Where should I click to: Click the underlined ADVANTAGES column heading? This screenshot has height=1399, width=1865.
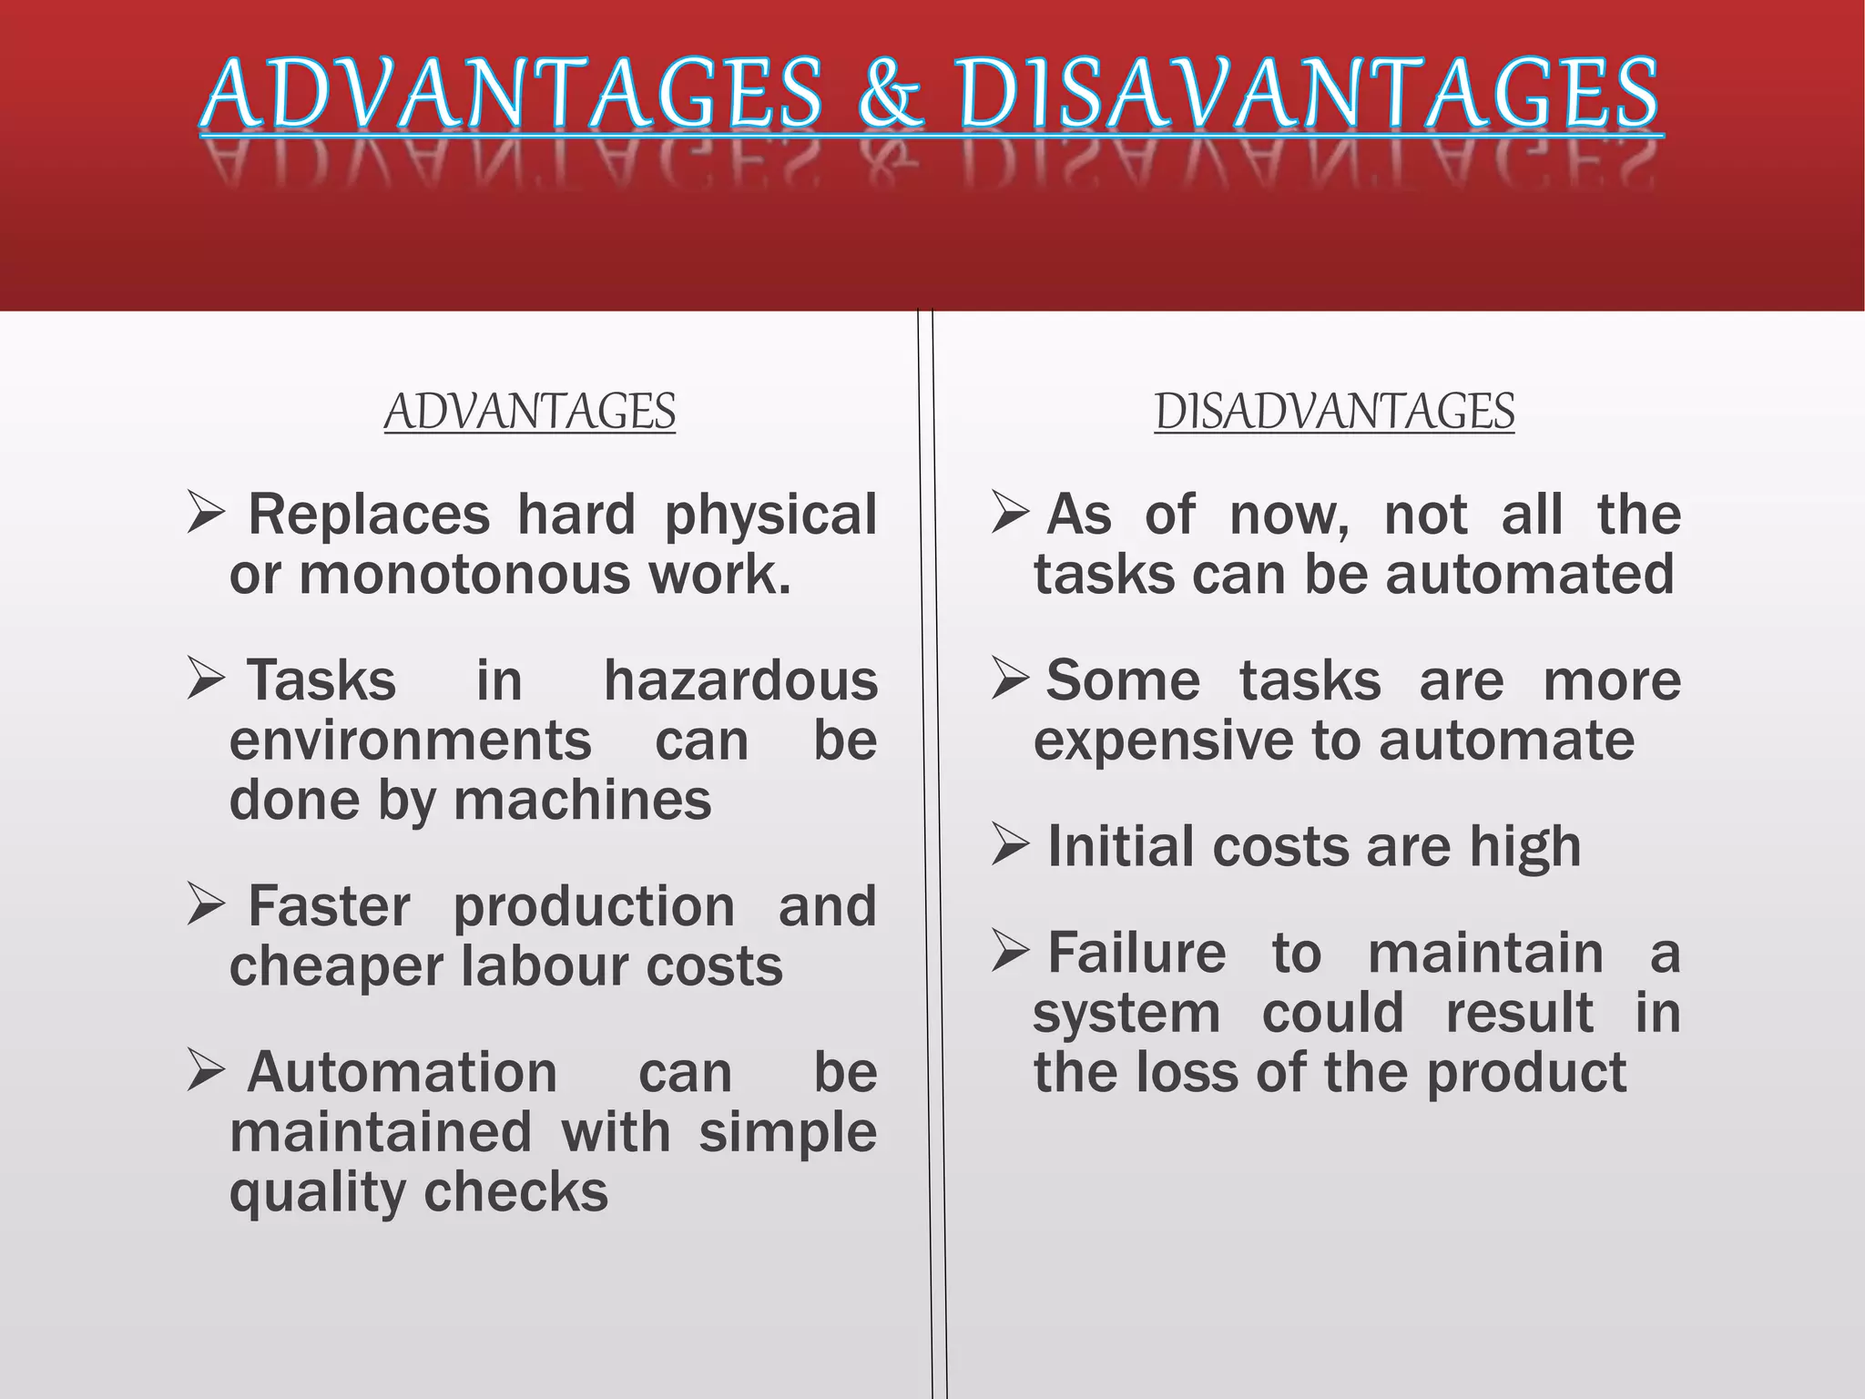click(529, 412)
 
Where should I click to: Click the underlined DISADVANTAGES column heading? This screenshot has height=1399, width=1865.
click(1334, 412)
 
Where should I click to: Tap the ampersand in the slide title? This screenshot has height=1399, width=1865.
click(891, 95)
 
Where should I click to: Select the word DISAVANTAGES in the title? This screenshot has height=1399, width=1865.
click(1308, 95)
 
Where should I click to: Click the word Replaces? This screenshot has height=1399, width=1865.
click(369, 515)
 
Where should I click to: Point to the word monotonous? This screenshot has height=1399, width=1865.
click(464, 576)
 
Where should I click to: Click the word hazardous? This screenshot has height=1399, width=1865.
click(740, 681)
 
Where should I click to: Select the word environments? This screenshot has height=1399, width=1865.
click(411, 740)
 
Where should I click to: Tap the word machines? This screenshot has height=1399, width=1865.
click(582, 801)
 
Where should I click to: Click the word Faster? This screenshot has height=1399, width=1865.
click(329, 907)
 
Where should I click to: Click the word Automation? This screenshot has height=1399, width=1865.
click(402, 1073)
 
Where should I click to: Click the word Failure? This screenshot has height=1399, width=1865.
click(1136, 954)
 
